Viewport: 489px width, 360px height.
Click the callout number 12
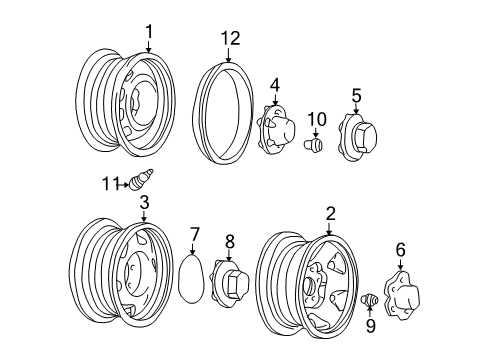pyautogui.click(x=231, y=38)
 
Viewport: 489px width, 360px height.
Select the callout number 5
pyautogui.click(x=355, y=95)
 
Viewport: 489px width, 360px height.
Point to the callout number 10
pyautogui.click(x=317, y=120)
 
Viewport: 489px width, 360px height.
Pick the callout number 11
pyautogui.click(x=109, y=182)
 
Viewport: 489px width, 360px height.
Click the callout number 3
pyautogui.click(x=144, y=203)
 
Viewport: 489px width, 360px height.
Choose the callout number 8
pyautogui.click(x=230, y=240)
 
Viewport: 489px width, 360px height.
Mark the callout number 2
pyautogui.click(x=329, y=212)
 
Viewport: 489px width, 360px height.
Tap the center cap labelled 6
pyautogui.click(x=406, y=296)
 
